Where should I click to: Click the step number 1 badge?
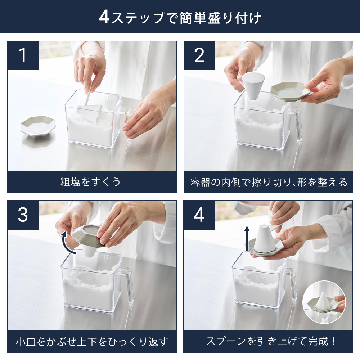(23, 55)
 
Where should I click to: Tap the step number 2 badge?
(199, 55)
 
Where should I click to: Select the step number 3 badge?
(23, 215)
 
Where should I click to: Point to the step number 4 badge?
(199, 215)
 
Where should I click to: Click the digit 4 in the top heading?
(104, 17)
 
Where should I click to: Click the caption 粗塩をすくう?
(90, 182)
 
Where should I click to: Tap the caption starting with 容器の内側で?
(269, 182)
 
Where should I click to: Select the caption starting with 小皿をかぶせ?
(92, 342)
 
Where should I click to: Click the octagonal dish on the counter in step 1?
(38, 126)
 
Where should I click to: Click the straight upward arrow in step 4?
(247, 238)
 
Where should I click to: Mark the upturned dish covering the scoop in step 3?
(89, 236)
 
